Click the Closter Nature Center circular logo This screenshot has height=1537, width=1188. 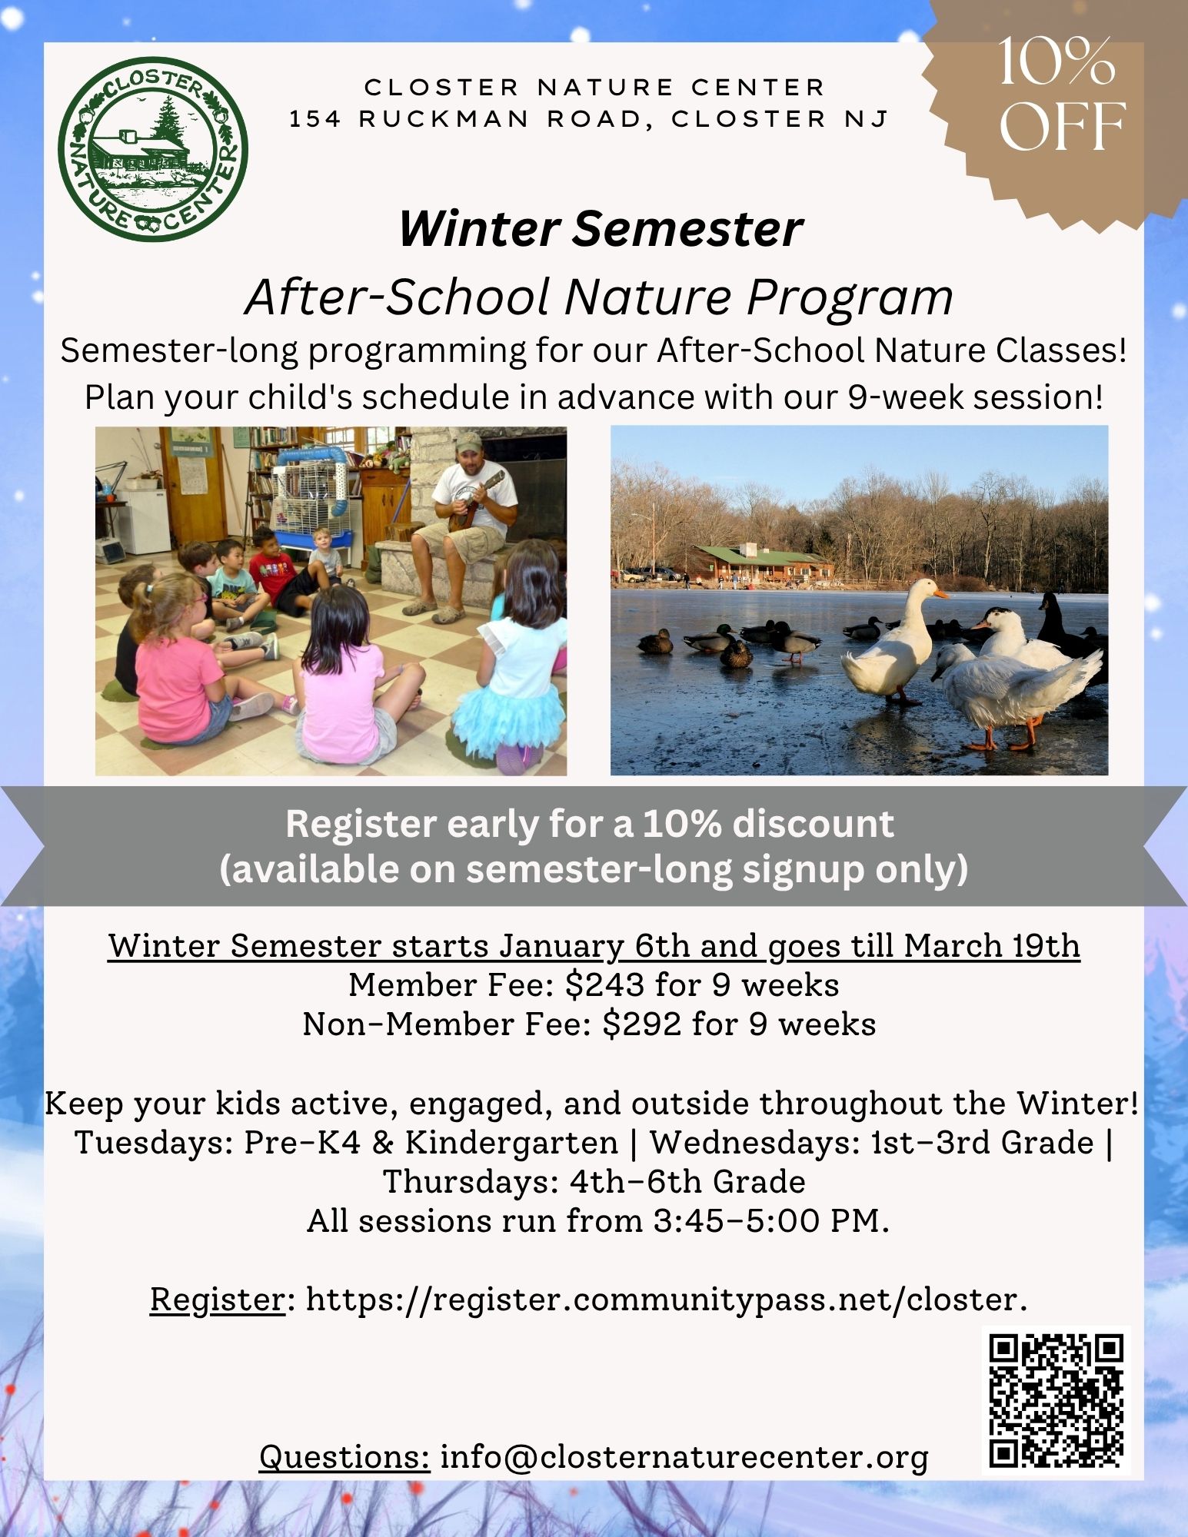coord(153,149)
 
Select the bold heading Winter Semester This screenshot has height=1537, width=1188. coord(601,228)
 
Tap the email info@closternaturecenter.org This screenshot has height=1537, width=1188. coord(684,1457)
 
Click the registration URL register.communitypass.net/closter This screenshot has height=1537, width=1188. coord(665,1300)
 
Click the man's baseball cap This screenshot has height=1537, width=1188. coord(468,441)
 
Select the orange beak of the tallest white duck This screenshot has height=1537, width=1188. coord(939,593)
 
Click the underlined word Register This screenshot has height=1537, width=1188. coord(218,1300)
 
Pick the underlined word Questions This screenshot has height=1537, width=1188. coord(344,1457)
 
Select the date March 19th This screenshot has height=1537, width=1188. coord(992,945)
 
